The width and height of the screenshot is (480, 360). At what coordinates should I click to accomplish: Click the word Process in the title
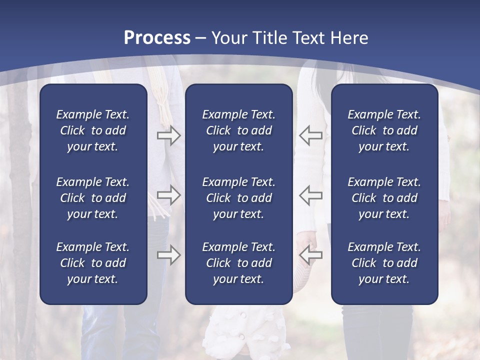[157, 38]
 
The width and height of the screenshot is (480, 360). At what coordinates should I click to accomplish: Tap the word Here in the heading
[349, 38]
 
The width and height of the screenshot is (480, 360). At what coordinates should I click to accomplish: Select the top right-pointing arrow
[168, 136]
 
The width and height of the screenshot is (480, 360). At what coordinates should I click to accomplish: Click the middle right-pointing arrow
[168, 194]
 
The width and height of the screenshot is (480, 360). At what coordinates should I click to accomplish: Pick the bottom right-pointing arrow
[168, 255]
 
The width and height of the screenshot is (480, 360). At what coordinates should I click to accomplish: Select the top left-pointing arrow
[310, 136]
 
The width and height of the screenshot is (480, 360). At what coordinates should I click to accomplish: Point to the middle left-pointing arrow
[310, 194]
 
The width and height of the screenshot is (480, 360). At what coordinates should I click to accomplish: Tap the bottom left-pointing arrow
[310, 255]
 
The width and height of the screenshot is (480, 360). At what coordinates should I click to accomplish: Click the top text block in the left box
[93, 130]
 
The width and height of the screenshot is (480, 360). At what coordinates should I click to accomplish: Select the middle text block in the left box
[93, 198]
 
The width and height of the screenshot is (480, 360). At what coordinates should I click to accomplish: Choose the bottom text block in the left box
[93, 263]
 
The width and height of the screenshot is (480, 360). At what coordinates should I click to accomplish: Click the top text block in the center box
[238, 130]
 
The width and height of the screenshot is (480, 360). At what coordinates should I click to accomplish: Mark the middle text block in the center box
[238, 198]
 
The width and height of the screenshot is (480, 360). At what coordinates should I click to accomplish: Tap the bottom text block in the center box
[238, 263]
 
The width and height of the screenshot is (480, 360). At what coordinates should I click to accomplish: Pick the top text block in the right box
[384, 130]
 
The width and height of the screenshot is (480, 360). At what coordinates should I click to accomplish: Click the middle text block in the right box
[384, 198]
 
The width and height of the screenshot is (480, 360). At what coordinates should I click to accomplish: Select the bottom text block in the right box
[384, 263]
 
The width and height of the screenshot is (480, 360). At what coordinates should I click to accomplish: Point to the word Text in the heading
[307, 38]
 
